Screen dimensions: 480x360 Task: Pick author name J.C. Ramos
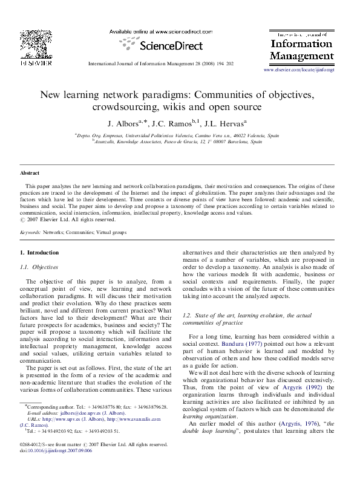(x=177, y=124)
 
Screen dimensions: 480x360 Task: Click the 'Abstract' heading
(x=30, y=173)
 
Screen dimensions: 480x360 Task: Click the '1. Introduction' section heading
(x=39, y=252)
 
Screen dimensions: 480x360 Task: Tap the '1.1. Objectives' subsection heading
(x=41, y=267)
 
